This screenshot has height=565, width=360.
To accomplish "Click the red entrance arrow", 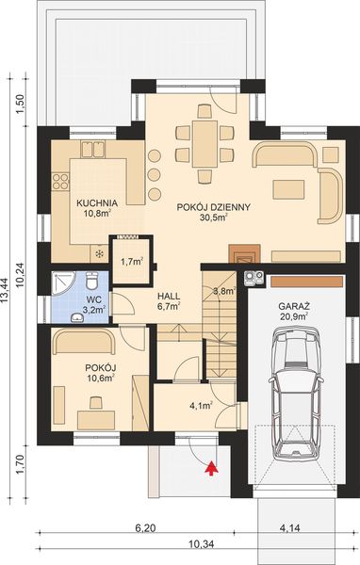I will click(210, 462).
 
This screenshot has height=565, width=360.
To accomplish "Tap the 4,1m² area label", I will click(199, 407).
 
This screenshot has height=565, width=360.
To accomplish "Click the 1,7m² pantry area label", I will click(132, 260).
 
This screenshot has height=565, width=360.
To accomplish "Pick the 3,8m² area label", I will click(224, 291).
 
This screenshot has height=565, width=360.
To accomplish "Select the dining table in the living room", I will click(203, 143).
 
